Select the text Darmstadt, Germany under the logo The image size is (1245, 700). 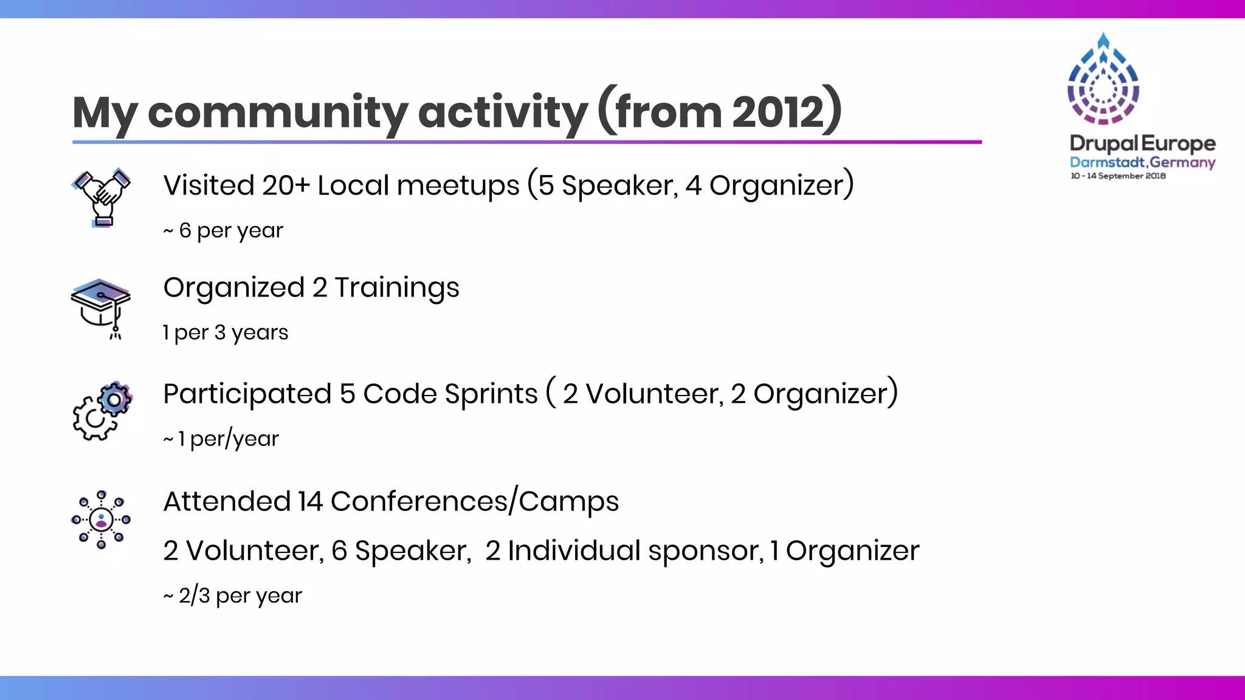pos(1142,162)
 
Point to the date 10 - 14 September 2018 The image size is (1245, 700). pos(1118,176)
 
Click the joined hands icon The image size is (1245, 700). pos(102,197)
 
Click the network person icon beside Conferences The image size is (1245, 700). pos(101,520)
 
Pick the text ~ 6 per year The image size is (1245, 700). pos(223,230)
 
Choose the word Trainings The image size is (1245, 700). pos(397,287)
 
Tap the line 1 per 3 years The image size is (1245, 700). pos(226,332)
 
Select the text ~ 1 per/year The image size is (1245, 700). pos(221,439)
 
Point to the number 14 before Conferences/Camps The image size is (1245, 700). pos(310,502)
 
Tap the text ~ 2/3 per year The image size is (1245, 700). pos(232,595)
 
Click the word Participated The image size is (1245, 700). pos(247,394)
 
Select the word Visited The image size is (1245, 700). pos(209,185)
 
